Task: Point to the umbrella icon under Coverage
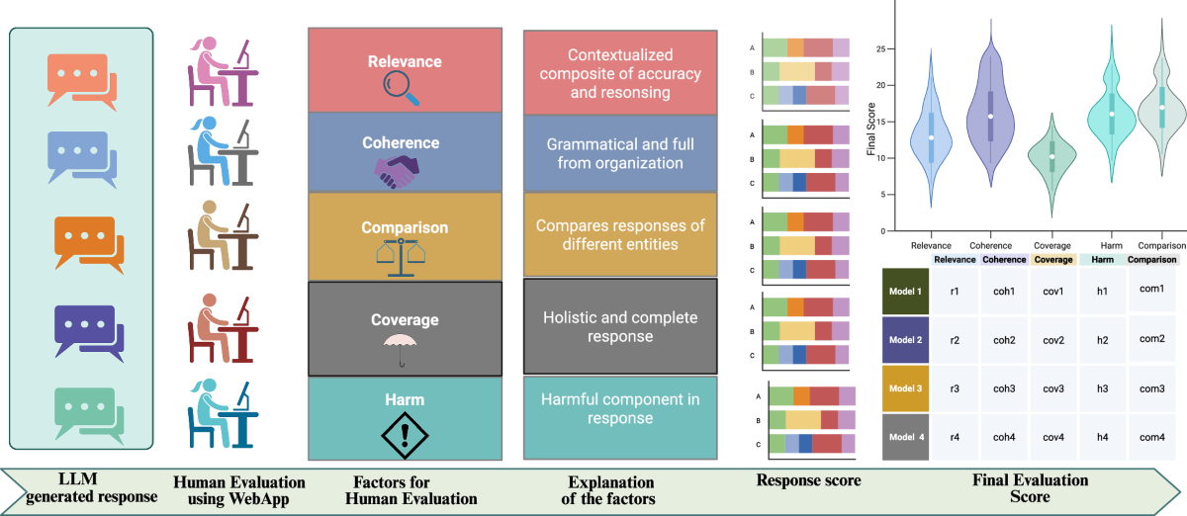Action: tap(401, 350)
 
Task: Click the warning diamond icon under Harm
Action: tap(401, 431)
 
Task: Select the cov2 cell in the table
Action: tap(1052, 340)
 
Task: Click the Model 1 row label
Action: tap(905, 292)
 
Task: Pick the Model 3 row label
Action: tap(905, 388)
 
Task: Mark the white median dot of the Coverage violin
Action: tap(1052, 156)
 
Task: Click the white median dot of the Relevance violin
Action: tap(931, 137)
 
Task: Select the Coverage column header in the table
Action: tap(1052, 260)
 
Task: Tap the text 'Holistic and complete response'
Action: tap(620, 327)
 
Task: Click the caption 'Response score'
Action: tap(808, 481)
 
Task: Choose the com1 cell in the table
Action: tap(1152, 289)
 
